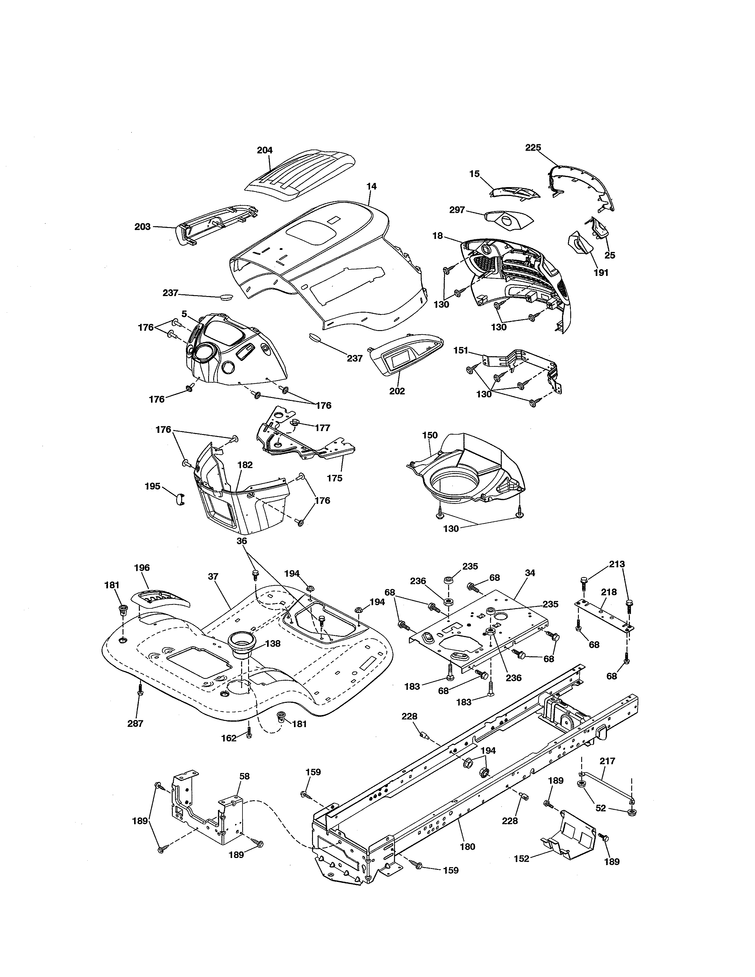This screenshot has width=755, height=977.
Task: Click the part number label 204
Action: (264, 150)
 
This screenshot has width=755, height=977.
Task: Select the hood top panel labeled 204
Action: (300, 177)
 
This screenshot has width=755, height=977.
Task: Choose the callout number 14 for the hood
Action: (371, 186)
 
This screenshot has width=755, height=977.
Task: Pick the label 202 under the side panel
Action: (397, 391)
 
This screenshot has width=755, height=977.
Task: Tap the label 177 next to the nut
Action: (322, 428)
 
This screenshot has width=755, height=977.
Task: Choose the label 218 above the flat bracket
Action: (608, 592)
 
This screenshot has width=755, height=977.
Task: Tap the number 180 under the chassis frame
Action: (468, 846)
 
